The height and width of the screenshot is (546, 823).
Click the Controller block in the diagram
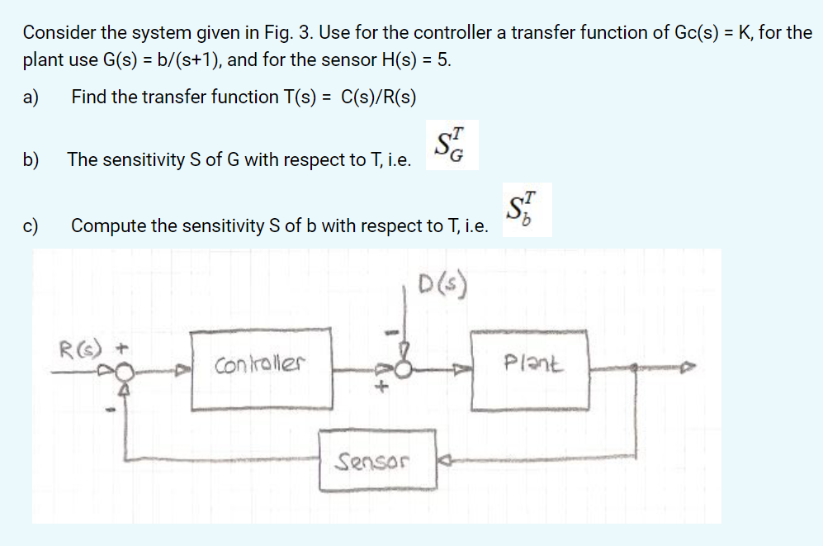point(262,369)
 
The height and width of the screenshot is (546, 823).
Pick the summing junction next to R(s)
point(123,373)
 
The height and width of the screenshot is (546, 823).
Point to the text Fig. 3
point(293,33)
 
